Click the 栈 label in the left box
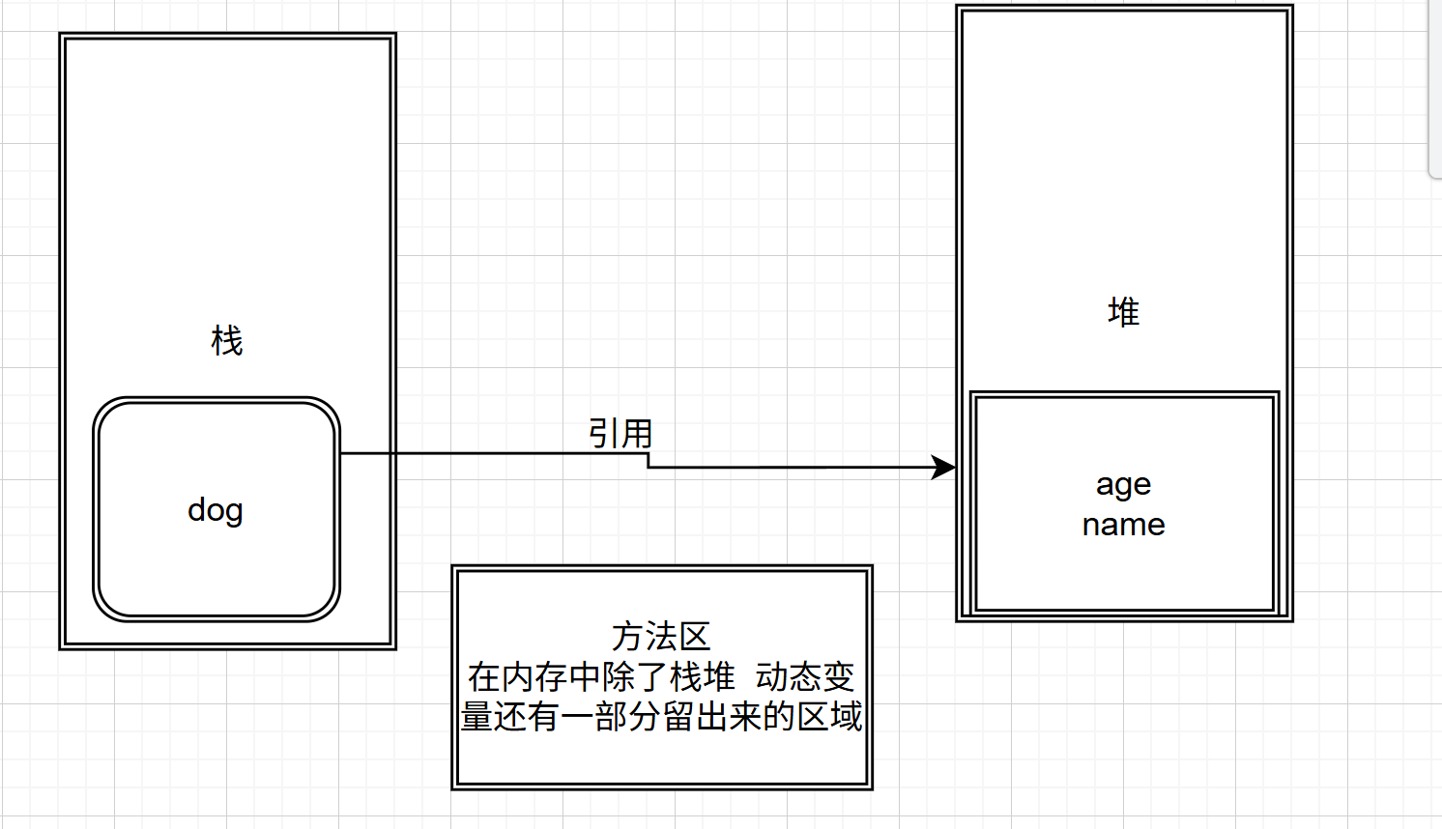pyautogui.click(x=227, y=340)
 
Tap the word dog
pyautogui.click(x=215, y=509)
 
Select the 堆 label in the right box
pyautogui.click(x=1123, y=312)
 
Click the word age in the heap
pyautogui.click(x=1123, y=484)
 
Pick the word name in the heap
pyautogui.click(x=1123, y=525)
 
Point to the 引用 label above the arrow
pyautogui.click(x=620, y=433)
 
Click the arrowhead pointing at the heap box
pyautogui.click(x=943, y=468)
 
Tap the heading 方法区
pyautogui.click(x=661, y=636)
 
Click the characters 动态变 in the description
pyautogui.click(x=805, y=676)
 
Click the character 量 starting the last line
pyautogui.click(x=476, y=717)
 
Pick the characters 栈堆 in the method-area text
pyautogui.click(x=703, y=676)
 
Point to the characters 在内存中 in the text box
pyautogui.click(x=534, y=676)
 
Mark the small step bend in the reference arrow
pyautogui.click(x=648, y=461)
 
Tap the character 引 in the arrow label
pyautogui.click(x=604, y=433)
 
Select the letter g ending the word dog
pyautogui.click(x=233, y=511)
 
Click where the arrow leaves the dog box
pyautogui.click(x=341, y=453)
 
